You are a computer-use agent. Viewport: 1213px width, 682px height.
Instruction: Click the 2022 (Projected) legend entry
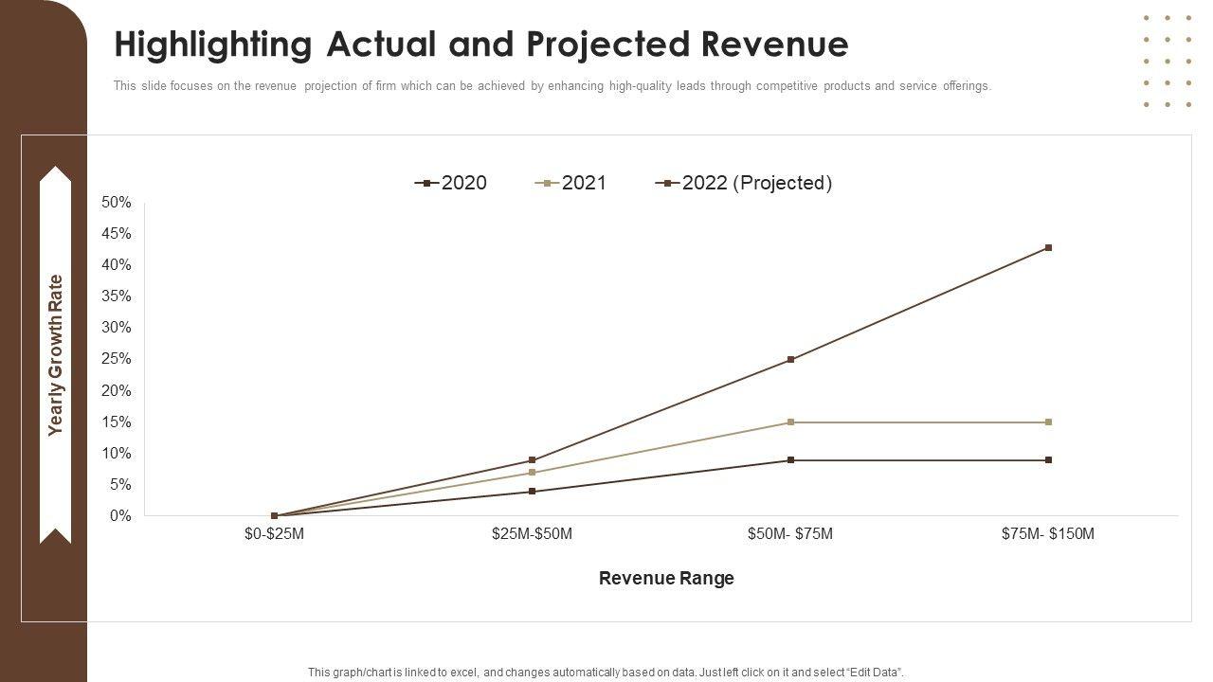[744, 183]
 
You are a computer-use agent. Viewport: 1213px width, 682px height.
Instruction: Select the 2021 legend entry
[571, 183]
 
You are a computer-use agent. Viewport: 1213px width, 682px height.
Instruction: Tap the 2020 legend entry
[451, 183]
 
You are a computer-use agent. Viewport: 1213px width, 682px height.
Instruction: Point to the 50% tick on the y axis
[117, 203]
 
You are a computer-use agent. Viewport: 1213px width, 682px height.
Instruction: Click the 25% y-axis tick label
[117, 359]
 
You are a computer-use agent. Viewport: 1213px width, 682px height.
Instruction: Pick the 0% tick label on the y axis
[120, 516]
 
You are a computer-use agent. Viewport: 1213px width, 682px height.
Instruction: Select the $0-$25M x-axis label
[274, 534]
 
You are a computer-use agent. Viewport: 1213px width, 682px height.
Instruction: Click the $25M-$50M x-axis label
[532, 534]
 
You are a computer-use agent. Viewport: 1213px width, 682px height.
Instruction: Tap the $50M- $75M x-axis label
[790, 534]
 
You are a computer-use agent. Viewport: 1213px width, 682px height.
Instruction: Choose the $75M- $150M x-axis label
[1048, 534]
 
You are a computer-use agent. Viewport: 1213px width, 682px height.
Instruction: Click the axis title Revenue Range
[666, 578]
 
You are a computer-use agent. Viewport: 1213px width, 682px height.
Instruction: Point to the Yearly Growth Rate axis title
[56, 355]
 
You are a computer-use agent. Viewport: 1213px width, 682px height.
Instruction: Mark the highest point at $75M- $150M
[1048, 248]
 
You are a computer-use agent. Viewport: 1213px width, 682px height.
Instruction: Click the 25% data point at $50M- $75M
[790, 360]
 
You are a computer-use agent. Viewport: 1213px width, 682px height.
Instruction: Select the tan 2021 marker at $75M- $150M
[1048, 422]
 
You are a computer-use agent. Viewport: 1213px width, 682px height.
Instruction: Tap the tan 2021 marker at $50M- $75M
[790, 422]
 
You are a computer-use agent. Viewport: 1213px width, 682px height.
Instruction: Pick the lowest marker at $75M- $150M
[1048, 460]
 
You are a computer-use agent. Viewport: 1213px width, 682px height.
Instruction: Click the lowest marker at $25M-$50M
[532, 492]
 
